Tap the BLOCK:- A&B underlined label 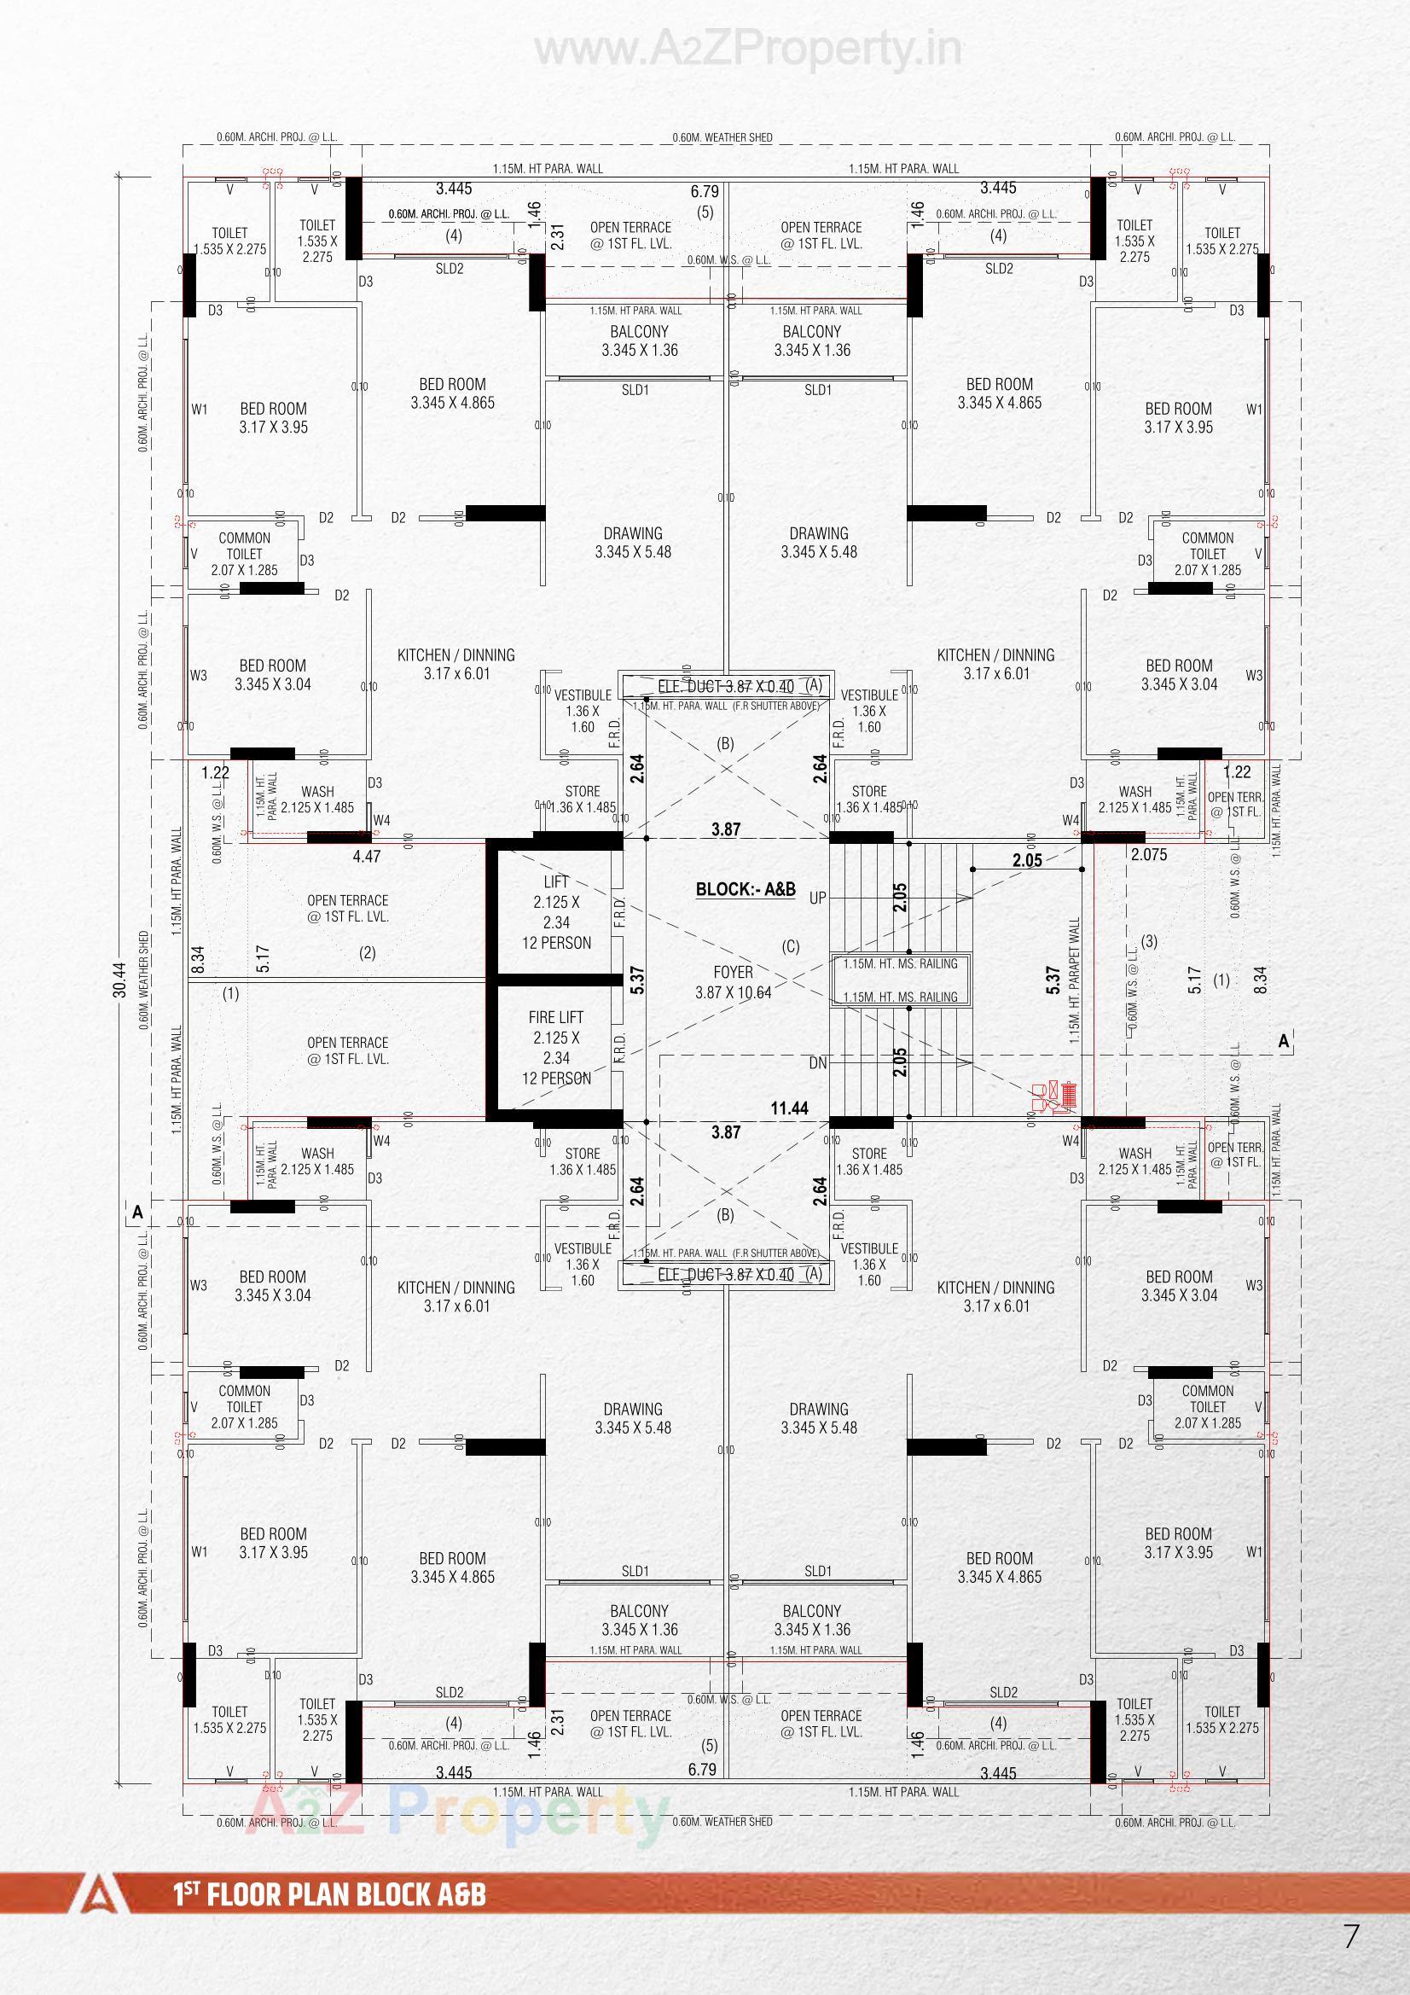point(746,890)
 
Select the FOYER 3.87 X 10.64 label point(733,982)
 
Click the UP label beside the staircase point(817,899)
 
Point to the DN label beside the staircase point(817,1063)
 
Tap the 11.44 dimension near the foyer point(789,1108)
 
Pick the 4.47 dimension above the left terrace point(366,856)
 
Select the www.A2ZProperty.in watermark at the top point(748,50)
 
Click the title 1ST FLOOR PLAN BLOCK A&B point(329,1894)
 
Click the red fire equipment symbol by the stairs point(1053,1096)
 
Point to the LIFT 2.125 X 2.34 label point(556,912)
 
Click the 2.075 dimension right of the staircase point(1148,855)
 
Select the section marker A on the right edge point(1284,1041)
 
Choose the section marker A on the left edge point(137,1212)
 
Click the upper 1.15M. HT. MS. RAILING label point(900,963)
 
